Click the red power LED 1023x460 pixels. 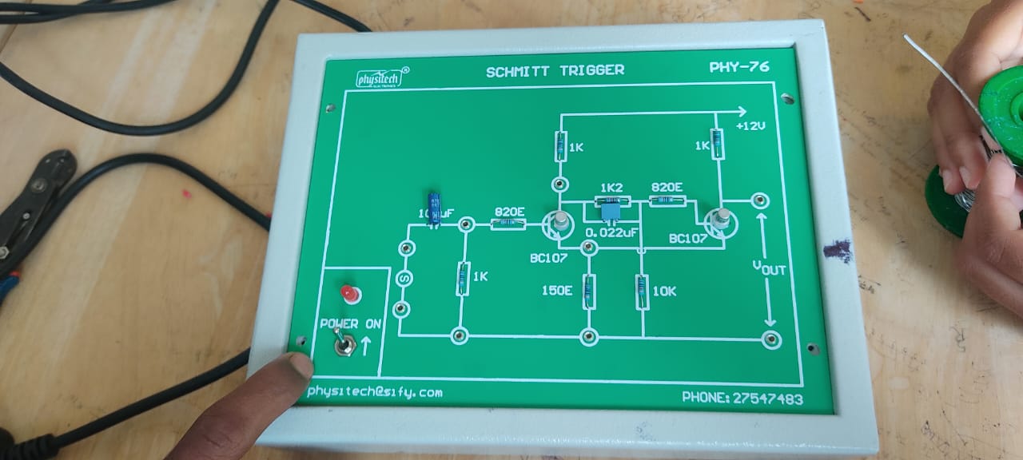[348, 295]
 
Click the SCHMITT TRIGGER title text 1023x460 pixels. [555, 70]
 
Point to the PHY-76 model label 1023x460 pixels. [739, 67]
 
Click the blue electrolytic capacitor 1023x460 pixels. [435, 208]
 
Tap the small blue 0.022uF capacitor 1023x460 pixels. [611, 212]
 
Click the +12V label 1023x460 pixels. [751, 126]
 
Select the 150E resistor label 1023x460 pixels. [556, 291]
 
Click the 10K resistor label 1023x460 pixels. [664, 291]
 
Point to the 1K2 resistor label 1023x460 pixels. [611, 188]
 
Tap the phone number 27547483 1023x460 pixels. [742, 398]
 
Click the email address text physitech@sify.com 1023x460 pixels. [374, 391]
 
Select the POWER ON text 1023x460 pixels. [351, 323]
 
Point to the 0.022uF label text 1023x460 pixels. [611, 232]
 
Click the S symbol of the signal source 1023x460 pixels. [404, 278]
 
